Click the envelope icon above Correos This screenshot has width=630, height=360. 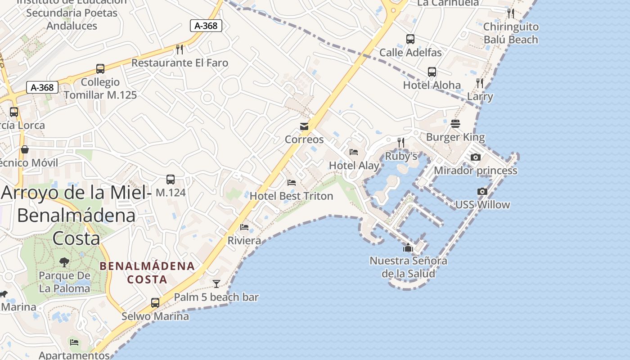pos(304,126)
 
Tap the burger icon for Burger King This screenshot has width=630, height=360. pos(455,124)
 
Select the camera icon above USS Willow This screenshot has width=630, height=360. pos(482,191)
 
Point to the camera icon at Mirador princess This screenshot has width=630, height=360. pos(475,157)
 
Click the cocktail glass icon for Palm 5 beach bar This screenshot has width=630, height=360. pos(216,283)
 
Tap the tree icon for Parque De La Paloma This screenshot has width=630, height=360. pos(64,262)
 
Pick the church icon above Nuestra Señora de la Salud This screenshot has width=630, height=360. pos(408,247)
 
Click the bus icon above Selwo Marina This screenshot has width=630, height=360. pos(155,302)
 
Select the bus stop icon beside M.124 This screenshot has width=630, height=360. pos(171,180)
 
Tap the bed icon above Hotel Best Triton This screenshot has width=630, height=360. pos(292,183)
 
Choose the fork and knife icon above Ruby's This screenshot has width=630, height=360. pos(401,143)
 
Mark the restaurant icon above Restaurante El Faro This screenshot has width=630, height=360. pos(180,49)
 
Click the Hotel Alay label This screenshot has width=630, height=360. pos(354,166)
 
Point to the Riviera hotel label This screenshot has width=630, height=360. pos(244,241)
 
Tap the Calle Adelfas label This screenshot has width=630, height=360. pos(410,53)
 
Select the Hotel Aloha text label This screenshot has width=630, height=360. pos(432,85)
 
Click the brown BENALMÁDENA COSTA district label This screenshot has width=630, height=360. pos(147,273)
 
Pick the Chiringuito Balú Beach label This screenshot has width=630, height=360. pos(511,33)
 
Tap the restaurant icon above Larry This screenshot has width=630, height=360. pos(480,83)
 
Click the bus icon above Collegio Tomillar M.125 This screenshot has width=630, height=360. pos(100,69)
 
